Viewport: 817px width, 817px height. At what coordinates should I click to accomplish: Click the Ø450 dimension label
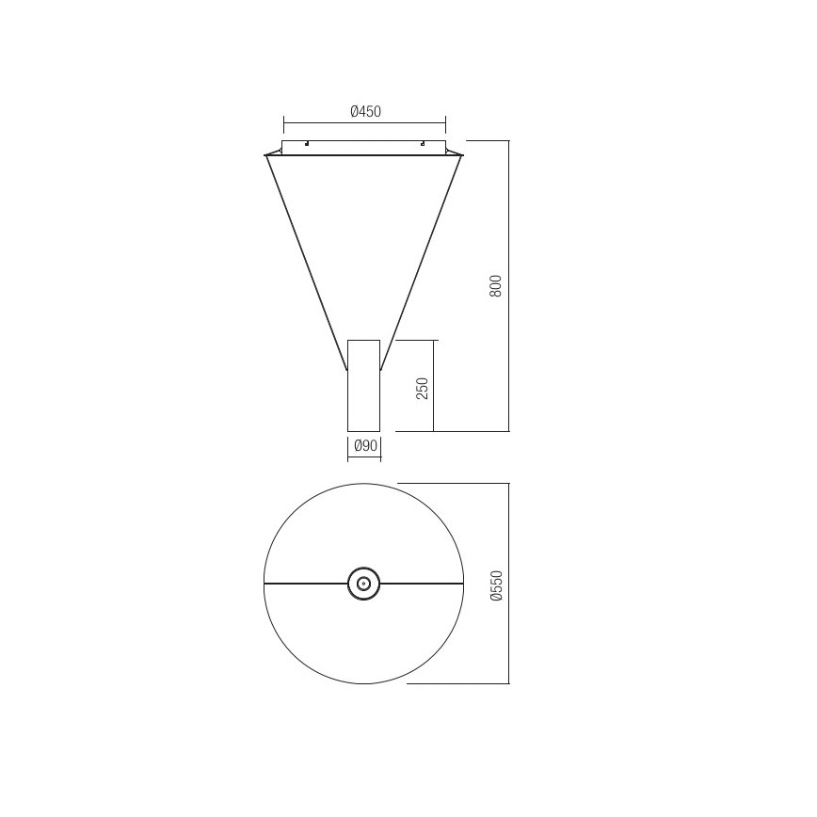(364, 111)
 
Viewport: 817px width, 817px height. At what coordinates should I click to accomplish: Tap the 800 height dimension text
(496, 285)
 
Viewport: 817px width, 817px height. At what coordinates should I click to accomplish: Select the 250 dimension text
(422, 387)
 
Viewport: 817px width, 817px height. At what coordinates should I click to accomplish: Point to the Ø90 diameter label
(363, 444)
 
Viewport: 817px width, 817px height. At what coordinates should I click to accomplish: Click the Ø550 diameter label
(497, 584)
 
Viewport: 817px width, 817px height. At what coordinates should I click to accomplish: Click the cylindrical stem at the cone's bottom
(363, 395)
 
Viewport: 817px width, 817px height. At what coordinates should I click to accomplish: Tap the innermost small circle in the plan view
(363, 584)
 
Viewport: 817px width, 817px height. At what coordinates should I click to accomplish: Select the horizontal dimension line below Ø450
(364, 122)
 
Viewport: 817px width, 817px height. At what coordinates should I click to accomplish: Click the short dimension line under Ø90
(363, 458)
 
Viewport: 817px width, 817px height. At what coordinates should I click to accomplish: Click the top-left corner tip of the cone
(266, 155)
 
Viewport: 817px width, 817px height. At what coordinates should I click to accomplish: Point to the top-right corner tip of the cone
(462, 155)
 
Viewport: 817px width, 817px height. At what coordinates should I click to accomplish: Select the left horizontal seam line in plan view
(306, 584)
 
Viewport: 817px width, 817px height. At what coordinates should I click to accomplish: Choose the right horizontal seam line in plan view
(422, 584)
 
